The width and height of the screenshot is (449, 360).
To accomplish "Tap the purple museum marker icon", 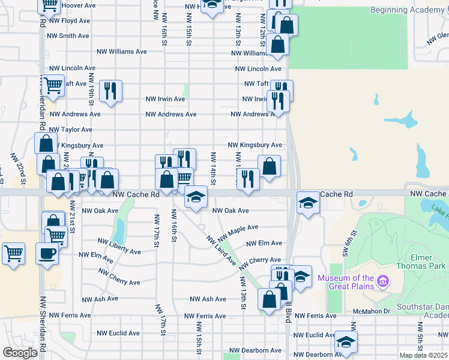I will click(x=382, y=280).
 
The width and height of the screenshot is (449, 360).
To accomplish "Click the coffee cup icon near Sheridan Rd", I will click(x=47, y=253).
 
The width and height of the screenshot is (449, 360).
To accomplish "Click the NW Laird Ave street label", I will click(x=221, y=250).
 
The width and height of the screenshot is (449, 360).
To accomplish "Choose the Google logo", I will click(x=20, y=353).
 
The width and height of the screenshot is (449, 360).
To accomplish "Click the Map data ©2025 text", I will click(x=423, y=355).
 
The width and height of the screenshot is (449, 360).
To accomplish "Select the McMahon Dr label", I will click(x=371, y=311).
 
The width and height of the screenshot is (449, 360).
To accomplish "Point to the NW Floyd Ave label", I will click(x=70, y=20).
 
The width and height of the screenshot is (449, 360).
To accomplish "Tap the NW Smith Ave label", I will click(x=70, y=36).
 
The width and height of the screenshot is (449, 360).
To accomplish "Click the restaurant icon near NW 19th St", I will click(x=110, y=91).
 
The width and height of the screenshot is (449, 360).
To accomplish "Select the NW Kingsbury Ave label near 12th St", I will click(x=255, y=145).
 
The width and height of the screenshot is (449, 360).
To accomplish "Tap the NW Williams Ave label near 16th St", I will click(x=124, y=52).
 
